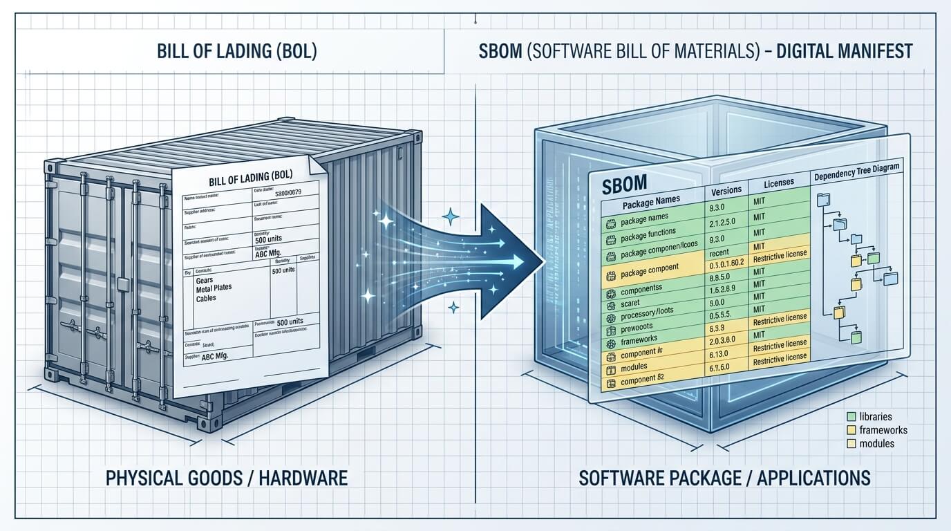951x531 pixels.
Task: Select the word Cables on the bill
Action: point(206,298)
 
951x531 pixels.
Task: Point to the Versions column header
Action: point(726,189)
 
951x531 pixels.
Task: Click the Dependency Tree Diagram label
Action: point(860,177)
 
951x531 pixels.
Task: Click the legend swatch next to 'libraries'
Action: point(851,417)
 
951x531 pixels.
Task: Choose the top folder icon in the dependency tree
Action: point(824,201)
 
